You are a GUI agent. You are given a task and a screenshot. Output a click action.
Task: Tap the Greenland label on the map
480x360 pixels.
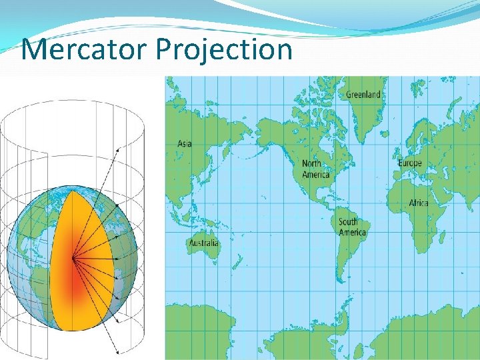tap(363, 95)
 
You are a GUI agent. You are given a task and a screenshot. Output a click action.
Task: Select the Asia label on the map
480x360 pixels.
tap(185, 143)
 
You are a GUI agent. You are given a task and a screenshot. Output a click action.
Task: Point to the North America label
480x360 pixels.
tap(315, 169)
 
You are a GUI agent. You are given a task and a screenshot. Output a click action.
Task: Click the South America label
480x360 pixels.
tap(352, 227)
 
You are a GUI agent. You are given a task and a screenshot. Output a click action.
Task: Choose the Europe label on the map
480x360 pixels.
tap(409, 163)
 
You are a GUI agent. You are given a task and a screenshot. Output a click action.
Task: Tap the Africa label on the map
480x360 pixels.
tap(419, 203)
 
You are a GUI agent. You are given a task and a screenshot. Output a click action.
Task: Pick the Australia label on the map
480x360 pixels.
tap(203, 243)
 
